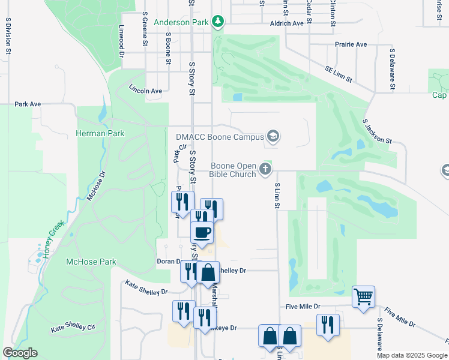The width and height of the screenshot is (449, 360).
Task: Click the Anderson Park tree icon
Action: coord(218,23)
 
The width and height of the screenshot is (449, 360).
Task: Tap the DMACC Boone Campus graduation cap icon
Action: coord(273,137)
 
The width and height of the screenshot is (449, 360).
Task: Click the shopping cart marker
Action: coord(363,296)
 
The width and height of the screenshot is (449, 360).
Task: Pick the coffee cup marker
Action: coord(202,232)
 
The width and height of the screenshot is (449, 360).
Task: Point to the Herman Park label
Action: coord(100,133)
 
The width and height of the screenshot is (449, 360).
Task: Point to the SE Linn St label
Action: coord(339,74)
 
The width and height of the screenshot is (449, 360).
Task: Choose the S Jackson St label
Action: coord(377,131)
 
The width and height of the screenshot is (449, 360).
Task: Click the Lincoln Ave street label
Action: coord(145,91)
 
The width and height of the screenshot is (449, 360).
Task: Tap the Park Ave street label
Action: coord(28,104)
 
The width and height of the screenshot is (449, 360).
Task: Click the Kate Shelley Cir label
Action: coord(73,328)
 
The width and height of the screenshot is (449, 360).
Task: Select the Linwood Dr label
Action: coord(121,37)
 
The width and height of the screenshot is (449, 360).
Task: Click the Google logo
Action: coord(20,353)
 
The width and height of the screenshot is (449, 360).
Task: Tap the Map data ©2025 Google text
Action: coord(412,356)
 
